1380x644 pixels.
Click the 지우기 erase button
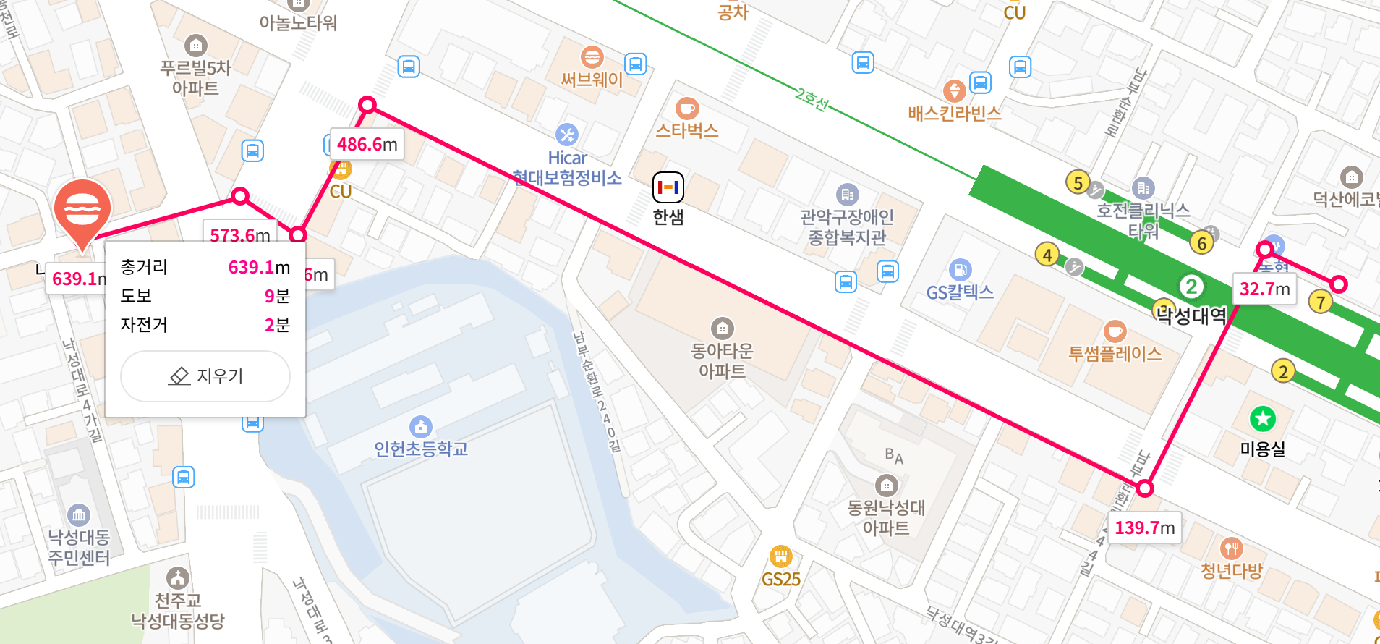click(205, 376)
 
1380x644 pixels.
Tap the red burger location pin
click(82, 210)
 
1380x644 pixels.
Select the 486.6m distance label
click(367, 145)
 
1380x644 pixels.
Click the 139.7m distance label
click(1143, 528)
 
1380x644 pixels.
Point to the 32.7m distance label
click(1264, 289)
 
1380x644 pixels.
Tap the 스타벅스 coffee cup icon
click(686, 109)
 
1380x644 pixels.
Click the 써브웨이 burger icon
click(592, 57)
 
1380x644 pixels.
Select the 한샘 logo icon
click(668, 187)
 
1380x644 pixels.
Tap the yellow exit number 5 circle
click(1078, 182)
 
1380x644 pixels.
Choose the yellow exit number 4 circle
click(1047, 255)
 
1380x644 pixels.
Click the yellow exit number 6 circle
click(1201, 243)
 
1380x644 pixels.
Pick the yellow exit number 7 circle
click(1321, 302)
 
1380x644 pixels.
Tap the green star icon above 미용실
click(1263, 418)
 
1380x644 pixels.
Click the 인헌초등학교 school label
click(420, 449)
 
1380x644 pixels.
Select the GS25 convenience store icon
click(780, 556)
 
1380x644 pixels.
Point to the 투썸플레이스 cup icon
click(1115, 331)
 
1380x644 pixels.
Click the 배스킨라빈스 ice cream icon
click(954, 91)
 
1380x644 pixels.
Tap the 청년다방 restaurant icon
click(1231, 548)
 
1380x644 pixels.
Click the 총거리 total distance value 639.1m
click(258, 268)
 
